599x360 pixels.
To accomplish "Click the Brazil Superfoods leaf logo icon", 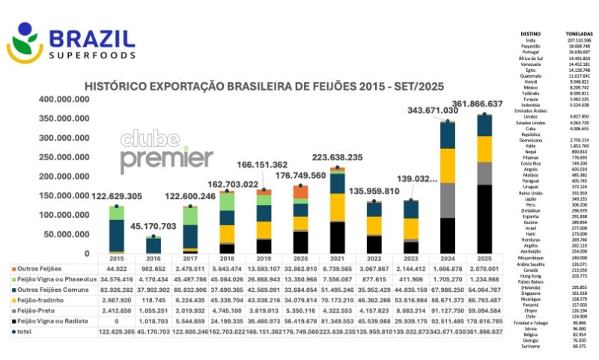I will [25, 43].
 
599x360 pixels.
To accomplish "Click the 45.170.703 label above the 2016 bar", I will [153, 225].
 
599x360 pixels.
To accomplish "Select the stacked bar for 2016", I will [153, 245].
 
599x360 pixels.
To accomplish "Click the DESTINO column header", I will [529, 34].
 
